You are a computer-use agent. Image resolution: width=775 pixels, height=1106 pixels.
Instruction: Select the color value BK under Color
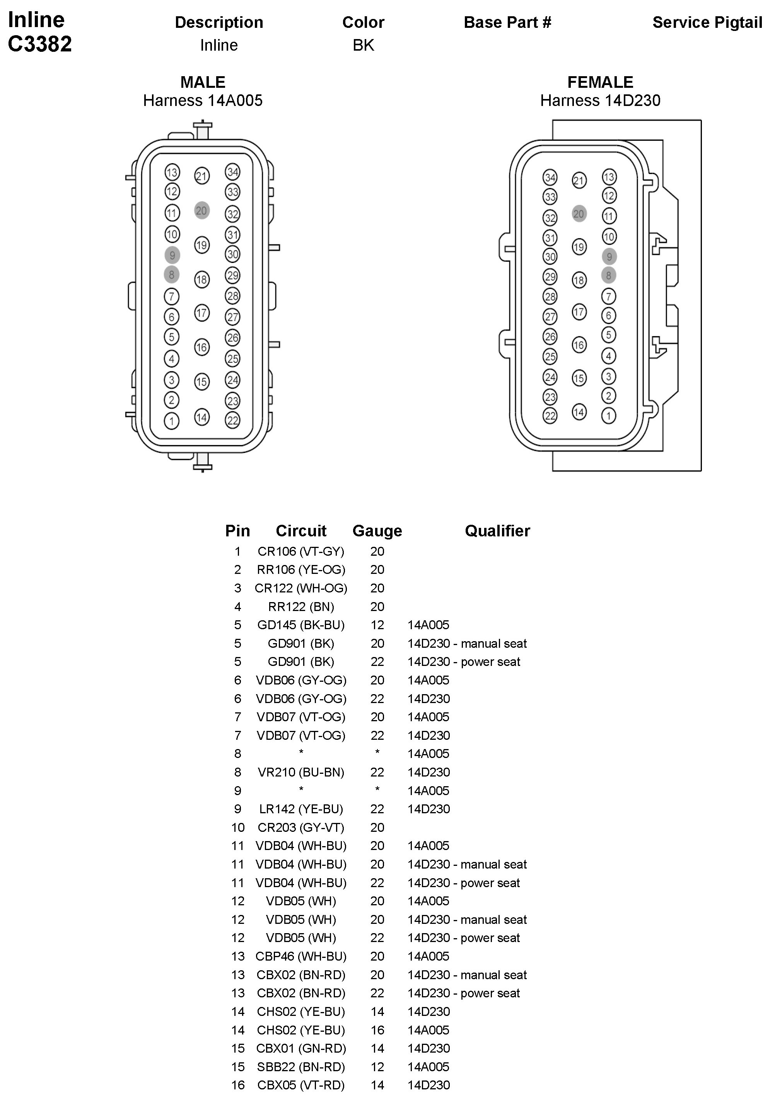click(363, 45)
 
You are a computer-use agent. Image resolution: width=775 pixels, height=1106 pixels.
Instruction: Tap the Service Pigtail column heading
click(707, 23)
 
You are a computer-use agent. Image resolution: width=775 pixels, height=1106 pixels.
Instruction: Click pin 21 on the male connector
click(202, 176)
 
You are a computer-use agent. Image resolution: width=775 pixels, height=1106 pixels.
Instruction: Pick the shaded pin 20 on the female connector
click(579, 214)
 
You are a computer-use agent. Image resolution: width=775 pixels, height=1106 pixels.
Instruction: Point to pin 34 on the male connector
click(233, 172)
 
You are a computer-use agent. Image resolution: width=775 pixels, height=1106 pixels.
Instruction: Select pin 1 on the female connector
click(608, 416)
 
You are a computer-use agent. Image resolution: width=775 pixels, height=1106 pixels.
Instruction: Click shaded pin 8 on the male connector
click(171, 275)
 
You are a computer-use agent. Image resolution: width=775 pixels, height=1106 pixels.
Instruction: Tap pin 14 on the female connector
click(579, 412)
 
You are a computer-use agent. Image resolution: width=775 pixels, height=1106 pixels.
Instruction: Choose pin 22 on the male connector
click(233, 420)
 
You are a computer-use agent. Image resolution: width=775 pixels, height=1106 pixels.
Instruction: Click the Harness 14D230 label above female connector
click(600, 101)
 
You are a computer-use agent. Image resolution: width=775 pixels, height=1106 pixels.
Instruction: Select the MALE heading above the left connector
click(203, 82)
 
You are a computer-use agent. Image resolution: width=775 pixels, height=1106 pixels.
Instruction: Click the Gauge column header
click(377, 531)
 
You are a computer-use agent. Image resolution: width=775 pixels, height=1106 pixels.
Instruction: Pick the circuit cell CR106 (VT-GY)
click(300, 551)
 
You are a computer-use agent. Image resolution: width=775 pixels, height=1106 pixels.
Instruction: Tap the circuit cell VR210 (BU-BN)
click(300, 772)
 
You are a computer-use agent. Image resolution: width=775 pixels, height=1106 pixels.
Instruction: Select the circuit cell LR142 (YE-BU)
click(300, 809)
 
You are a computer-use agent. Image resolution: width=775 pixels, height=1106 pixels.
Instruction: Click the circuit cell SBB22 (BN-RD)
click(300, 1067)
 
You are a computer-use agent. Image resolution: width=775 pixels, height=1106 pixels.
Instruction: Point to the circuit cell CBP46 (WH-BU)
click(300, 956)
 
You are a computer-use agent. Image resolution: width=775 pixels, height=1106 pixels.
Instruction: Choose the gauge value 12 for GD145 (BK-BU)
click(377, 625)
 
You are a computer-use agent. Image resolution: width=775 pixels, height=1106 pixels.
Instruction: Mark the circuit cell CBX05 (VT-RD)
click(300, 1085)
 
